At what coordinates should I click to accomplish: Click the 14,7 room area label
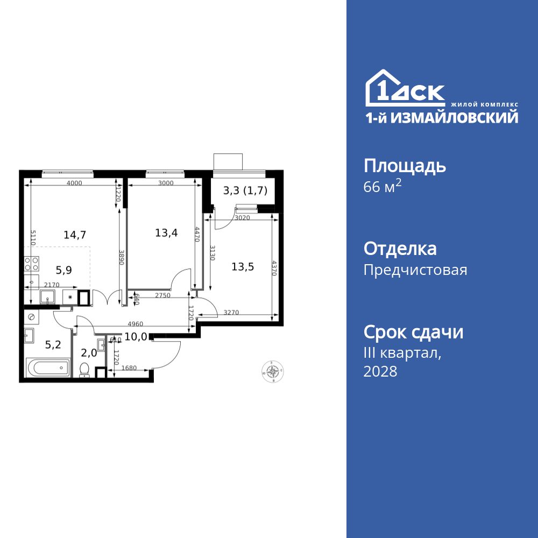coord(75,234)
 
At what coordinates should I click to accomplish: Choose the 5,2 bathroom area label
coord(53,345)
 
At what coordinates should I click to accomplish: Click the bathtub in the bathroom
coord(48,369)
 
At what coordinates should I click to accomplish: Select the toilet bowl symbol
coord(84,370)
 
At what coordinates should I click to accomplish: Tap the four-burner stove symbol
coord(31,264)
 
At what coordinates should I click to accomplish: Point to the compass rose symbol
coord(273,371)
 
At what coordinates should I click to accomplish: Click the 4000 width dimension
coord(74,183)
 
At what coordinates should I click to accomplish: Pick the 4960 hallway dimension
coord(136,323)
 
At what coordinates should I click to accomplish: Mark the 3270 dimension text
coord(231,312)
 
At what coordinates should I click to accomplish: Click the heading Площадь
coord(405,166)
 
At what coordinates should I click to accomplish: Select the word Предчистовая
coord(415,270)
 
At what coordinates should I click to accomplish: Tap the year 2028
coord(380,371)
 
